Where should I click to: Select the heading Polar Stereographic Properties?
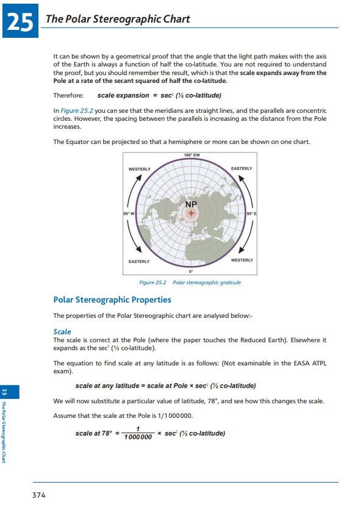[112, 300]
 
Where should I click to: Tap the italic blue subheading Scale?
[62, 332]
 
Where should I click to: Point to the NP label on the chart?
[191, 204]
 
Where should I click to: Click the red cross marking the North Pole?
[191, 213]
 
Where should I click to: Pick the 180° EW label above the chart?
[192, 156]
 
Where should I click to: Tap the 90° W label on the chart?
[129, 214]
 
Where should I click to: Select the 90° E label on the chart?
[251, 214]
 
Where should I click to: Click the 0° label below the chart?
[191, 271]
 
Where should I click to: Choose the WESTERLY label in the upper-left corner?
[140, 168]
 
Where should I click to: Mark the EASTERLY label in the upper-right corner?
[242, 168]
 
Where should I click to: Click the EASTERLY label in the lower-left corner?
[139, 262]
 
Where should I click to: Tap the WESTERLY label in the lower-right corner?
[242, 260]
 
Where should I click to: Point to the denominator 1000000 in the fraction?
[137, 437]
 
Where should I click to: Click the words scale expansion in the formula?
[123, 96]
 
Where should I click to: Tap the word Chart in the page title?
[175, 19]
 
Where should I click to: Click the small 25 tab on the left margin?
[4, 391]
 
